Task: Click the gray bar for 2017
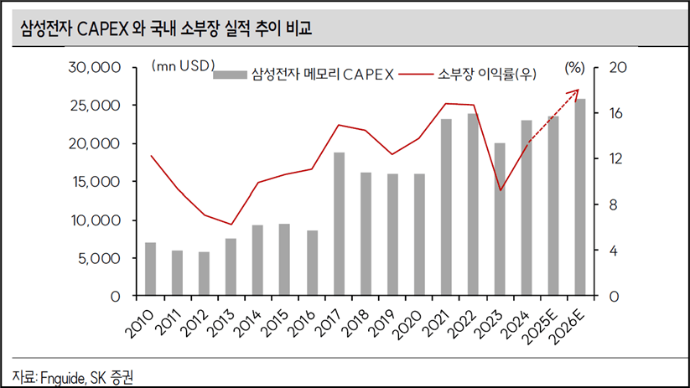(x=339, y=225)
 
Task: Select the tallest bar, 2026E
(x=581, y=198)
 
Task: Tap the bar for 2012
(x=204, y=274)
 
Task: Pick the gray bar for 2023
(x=500, y=220)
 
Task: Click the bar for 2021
(x=447, y=207)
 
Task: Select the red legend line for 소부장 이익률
(x=412, y=74)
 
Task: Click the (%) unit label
(x=575, y=66)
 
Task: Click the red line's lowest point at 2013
(x=231, y=225)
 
